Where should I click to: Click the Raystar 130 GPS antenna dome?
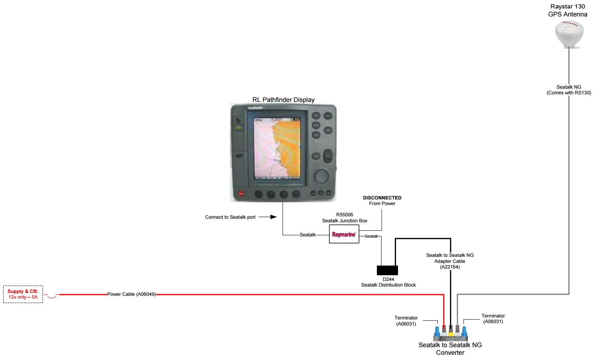pyautogui.click(x=569, y=34)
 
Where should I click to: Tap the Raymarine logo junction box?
pyautogui.click(x=344, y=234)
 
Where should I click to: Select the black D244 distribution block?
pyautogui.click(x=387, y=270)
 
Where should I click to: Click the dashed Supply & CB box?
pyautogui.click(x=23, y=294)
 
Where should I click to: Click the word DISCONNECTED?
pyautogui.click(x=382, y=198)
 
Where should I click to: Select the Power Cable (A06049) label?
pyautogui.click(x=131, y=294)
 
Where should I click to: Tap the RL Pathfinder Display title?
pyautogui.click(x=283, y=100)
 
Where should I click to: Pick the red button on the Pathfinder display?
pyautogui.click(x=241, y=193)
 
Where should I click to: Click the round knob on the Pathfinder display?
pyautogui.click(x=321, y=176)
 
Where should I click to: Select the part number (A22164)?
pyautogui.click(x=450, y=267)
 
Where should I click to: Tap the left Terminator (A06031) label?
pyautogui.click(x=406, y=321)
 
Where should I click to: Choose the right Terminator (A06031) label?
pyautogui.click(x=493, y=319)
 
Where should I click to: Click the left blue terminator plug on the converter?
pyautogui.click(x=437, y=333)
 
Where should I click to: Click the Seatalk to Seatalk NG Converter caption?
pyautogui.click(x=450, y=349)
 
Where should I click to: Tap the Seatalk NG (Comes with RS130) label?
pyautogui.click(x=569, y=90)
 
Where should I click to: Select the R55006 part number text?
pyautogui.click(x=345, y=215)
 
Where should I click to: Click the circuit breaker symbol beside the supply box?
pyautogui.click(x=51, y=296)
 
